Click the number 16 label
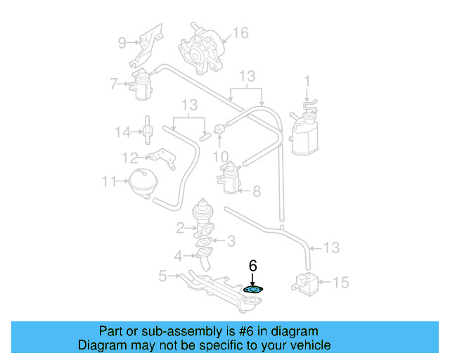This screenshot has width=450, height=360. (x=240, y=33)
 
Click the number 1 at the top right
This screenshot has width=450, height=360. (x=307, y=79)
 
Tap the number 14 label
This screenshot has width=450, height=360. (x=122, y=131)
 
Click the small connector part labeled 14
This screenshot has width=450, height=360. (x=149, y=130)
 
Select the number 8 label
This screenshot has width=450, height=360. (x=257, y=191)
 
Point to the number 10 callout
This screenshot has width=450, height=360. (x=220, y=155)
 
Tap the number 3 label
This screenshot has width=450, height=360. (x=230, y=241)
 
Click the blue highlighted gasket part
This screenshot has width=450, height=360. (x=253, y=289)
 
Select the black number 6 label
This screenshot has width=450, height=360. (x=253, y=266)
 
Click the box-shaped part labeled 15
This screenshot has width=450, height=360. (x=305, y=283)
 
